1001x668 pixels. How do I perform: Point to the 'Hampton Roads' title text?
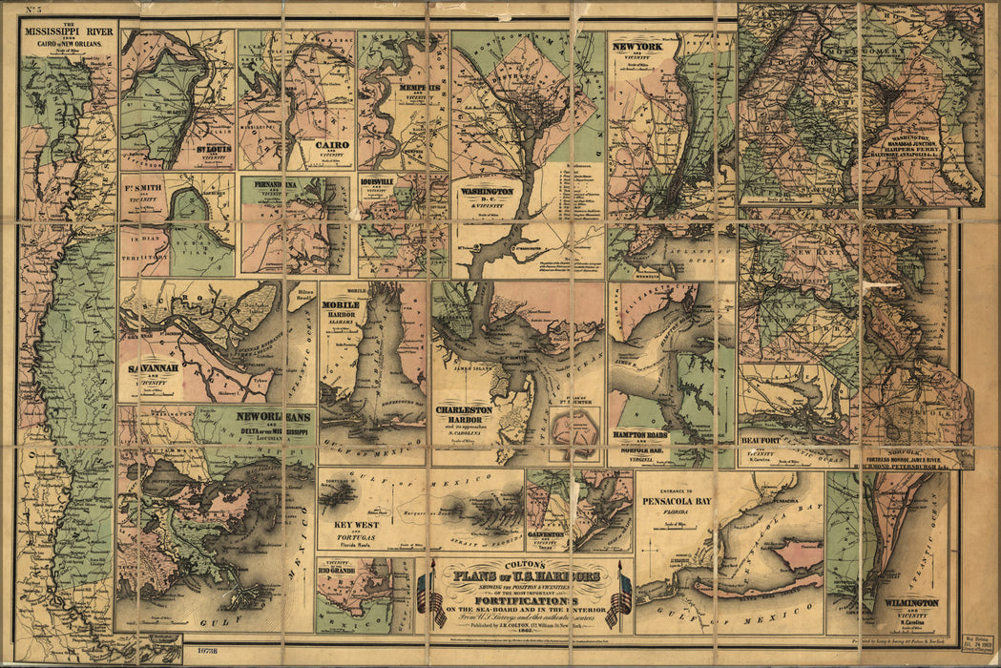(640, 434)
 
